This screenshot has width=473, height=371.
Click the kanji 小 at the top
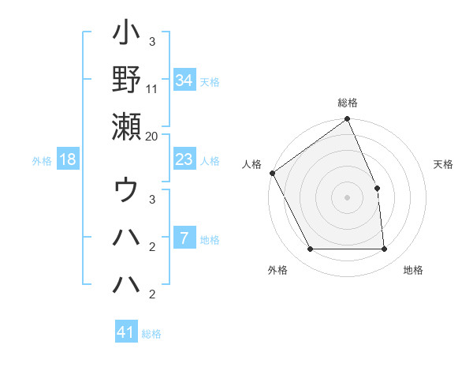pos(126,35)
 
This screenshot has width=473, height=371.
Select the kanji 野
pos(126,81)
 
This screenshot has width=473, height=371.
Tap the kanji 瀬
pos(126,126)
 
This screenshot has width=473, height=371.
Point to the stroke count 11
pos(152,89)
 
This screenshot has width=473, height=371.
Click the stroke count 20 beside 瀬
pos(152,136)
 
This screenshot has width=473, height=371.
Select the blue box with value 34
pos(184,81)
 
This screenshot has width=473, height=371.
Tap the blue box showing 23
pos(184,159)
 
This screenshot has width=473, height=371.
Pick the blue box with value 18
pos(68,159)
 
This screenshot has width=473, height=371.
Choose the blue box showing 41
pos(126,332)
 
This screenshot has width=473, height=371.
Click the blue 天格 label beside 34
pos(210,81)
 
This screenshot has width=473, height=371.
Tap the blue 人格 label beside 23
pos(210,160)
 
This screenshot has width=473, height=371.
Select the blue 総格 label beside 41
pos(151,333)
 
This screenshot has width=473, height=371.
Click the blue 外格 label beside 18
pos(42,160)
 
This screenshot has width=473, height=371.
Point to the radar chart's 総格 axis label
pos(348,103)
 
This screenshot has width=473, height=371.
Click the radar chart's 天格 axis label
pos(443,164)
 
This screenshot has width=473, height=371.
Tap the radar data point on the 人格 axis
pos(273,173)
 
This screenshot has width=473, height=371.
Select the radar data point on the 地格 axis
pos(385,249)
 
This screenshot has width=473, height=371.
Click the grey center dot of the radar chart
pos(348,197)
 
